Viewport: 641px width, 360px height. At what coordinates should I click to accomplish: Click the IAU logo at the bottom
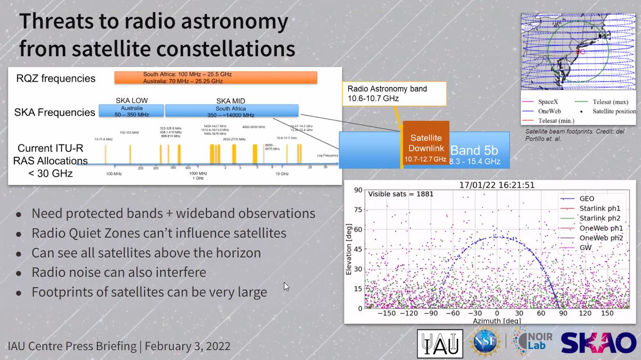440,343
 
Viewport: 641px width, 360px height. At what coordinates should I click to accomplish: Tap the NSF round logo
486,342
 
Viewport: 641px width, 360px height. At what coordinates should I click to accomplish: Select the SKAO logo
598,343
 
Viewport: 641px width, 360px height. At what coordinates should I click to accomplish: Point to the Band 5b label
474,151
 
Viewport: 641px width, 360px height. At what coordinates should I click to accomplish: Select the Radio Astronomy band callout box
394,94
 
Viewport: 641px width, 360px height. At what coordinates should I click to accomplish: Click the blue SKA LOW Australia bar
131,111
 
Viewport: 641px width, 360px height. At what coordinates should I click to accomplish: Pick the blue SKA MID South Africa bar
231,111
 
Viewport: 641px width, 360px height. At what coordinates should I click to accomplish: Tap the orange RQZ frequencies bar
215,77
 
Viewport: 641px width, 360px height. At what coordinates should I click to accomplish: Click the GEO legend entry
586,199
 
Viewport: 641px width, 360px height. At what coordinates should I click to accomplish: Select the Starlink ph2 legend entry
599,219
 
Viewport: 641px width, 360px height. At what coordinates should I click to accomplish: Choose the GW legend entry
585,248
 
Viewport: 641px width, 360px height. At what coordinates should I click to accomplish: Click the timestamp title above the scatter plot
497,185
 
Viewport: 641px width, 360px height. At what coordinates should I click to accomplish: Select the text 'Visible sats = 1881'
401,194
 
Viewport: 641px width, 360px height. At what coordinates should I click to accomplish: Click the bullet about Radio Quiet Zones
159,233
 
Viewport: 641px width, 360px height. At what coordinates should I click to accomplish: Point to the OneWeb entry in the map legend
550,111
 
